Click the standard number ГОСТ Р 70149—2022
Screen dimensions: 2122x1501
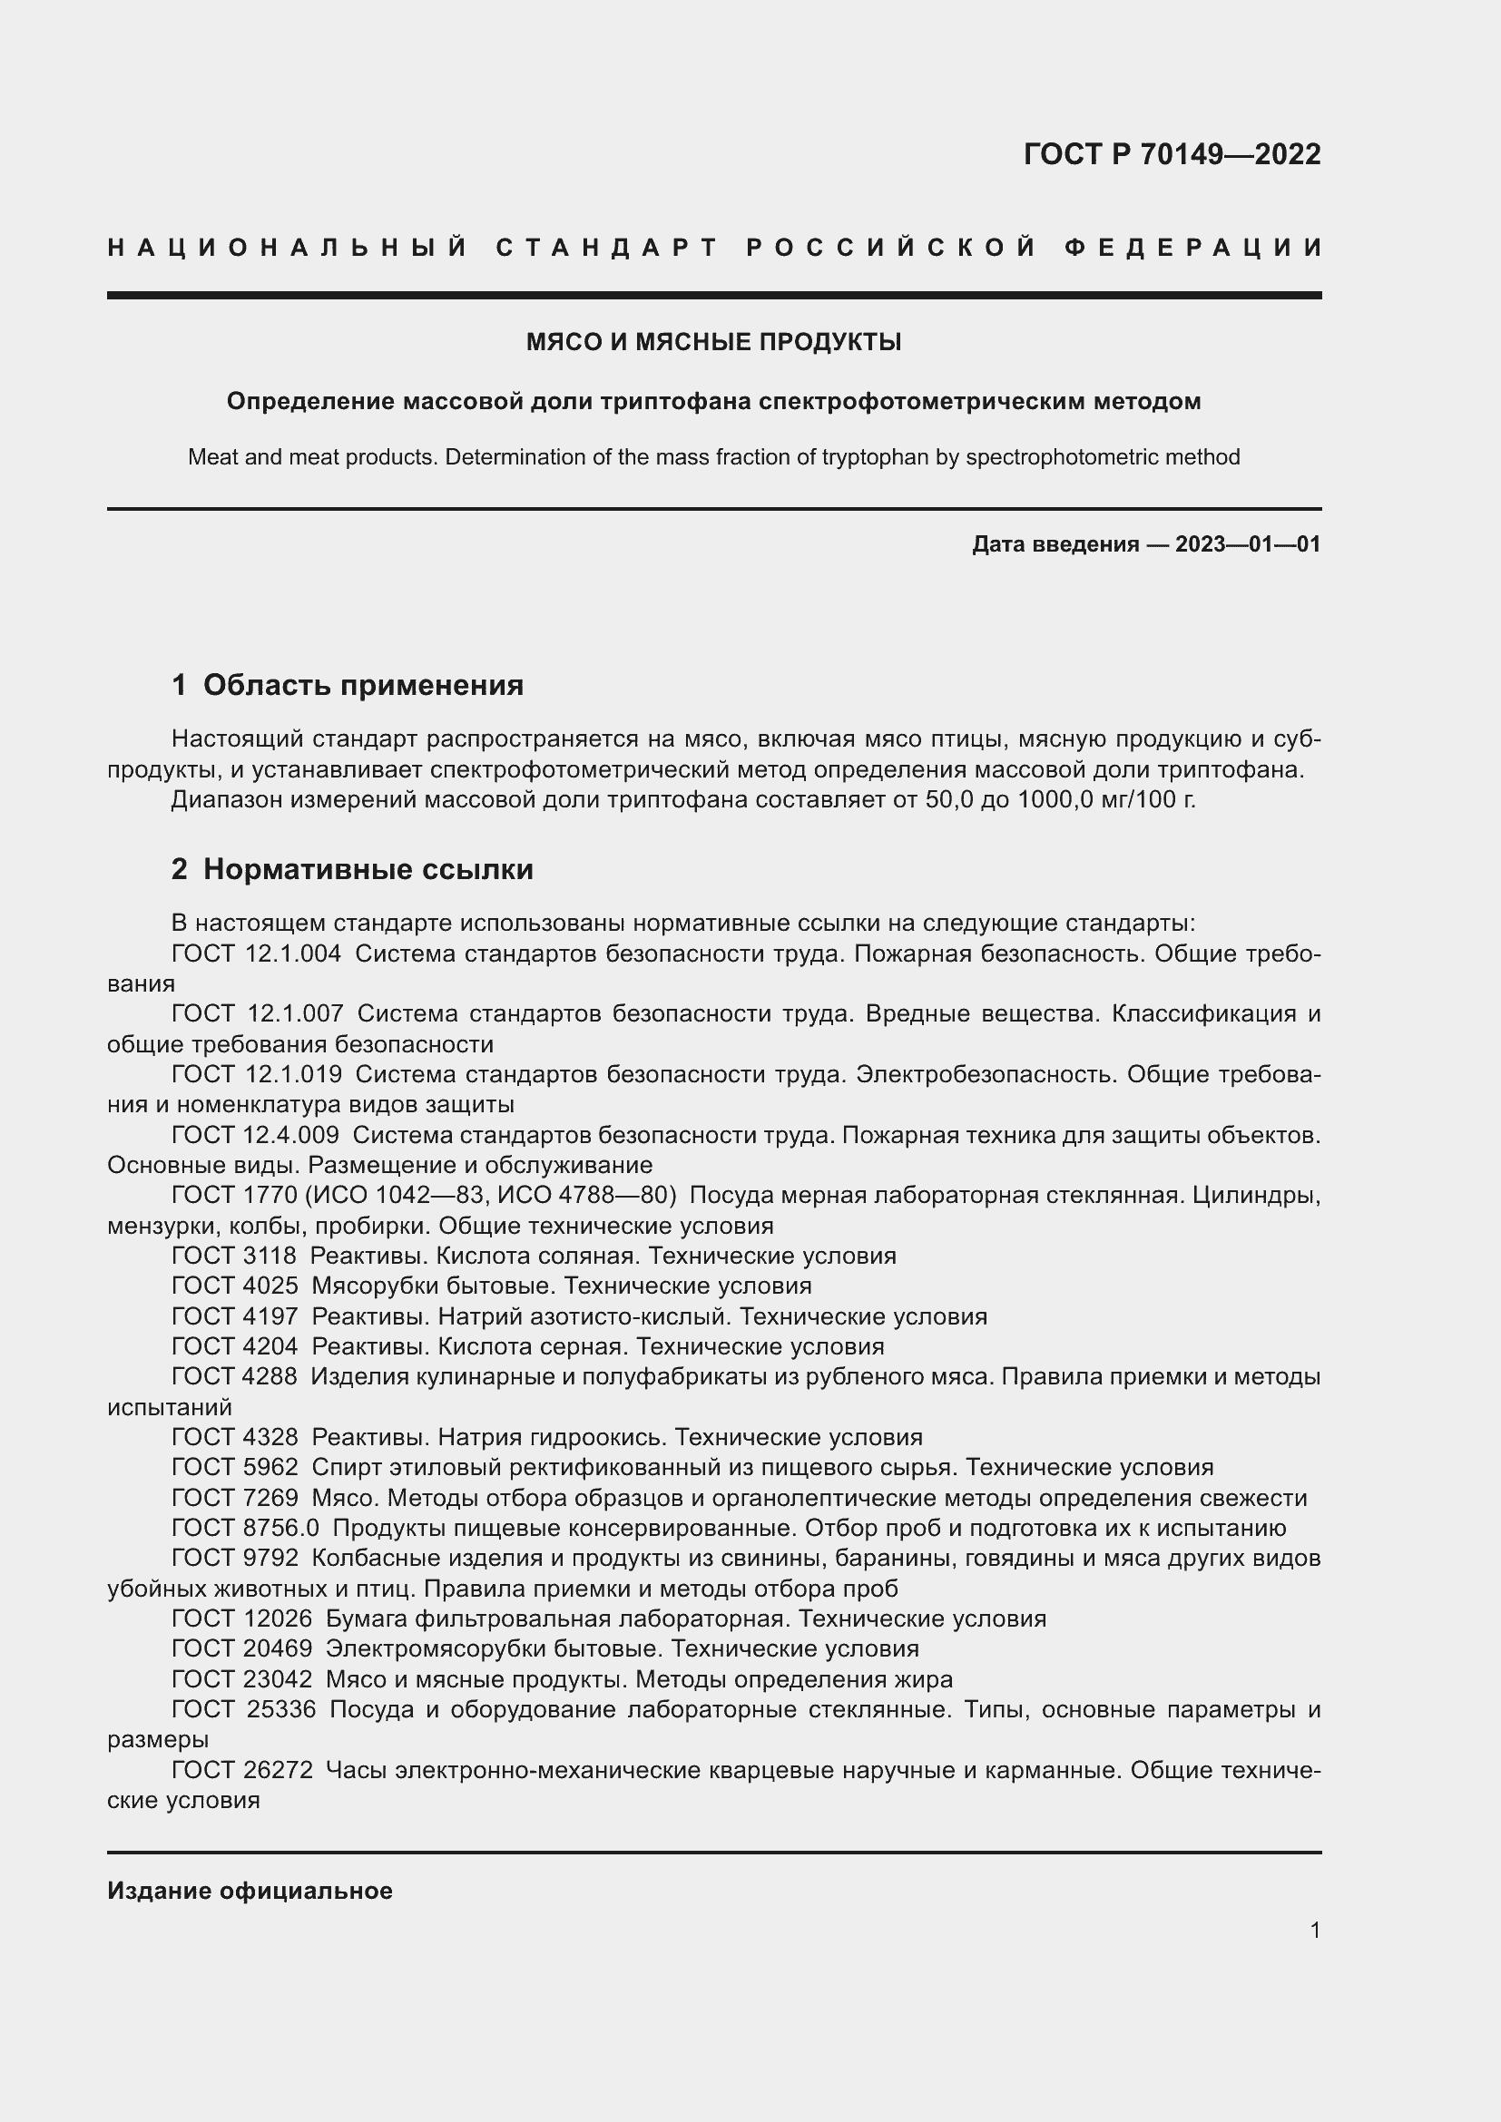click(x=1172, y=153)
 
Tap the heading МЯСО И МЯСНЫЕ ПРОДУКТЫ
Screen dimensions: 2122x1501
click(x=713, y=342)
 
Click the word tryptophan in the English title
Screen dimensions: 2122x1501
click(x=874, y=456)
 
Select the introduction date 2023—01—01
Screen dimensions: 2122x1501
click(x=1248, y=544)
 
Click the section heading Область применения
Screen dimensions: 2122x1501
click(x=362, y=685)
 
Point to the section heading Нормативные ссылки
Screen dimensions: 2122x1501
click(x=368, y=869)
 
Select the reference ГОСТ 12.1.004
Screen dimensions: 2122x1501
click(x=256, y=953)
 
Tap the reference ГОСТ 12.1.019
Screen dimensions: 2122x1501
click(x=256, y=1074)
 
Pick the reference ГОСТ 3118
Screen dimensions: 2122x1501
click(x=234, y=1256)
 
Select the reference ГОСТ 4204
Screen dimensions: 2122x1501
click(x=234, y=1346)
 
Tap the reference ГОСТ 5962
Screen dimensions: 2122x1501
click(x=234, y=1467)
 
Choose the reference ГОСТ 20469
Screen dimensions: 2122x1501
click(x=241, y=1648)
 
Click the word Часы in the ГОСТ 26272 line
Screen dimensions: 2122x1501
click(x=356, y=1770)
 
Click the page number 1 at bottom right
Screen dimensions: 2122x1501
click(x=1314, y=1930)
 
